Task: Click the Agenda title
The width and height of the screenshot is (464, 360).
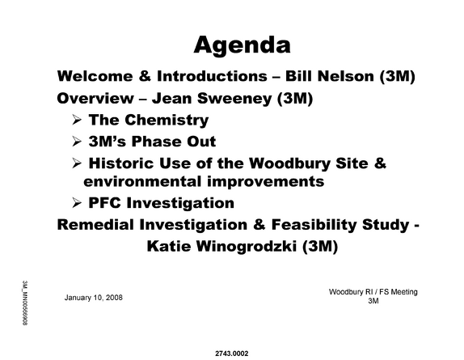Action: (x=242, y=45)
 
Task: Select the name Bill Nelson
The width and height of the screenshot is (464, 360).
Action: (x=330, y=76)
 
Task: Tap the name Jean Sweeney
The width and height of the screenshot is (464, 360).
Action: (x=212, y=98)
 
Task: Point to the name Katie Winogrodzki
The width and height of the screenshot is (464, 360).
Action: (x=222, y=246)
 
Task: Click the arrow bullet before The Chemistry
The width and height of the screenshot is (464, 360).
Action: (x=77, y=120)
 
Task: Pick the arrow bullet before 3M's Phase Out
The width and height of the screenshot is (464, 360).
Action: (x=77, y=142)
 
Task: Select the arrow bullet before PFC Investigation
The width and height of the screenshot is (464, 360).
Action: (x=77, y=203)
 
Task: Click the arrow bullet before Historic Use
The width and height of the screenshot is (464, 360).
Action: (x=77, y=163)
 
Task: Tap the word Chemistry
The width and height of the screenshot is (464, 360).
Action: (x=167, y=121)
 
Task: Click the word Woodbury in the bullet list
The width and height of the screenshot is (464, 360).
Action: (x=289, y=163)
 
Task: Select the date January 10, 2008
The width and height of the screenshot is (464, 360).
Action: (x=94, y=298)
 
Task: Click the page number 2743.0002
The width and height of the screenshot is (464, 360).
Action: (x=232, y=354)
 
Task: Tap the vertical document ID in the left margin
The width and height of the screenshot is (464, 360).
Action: (x=25, y=303)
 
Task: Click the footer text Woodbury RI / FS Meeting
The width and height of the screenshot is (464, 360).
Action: (x=373, y=292)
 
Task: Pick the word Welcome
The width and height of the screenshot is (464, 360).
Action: (x=95, y=76)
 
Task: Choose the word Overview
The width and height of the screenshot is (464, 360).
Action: (x=95, y=98)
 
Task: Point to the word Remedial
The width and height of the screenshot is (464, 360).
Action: (x=95, y=225)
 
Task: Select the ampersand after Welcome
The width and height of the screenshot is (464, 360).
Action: (x=145, y=76)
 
